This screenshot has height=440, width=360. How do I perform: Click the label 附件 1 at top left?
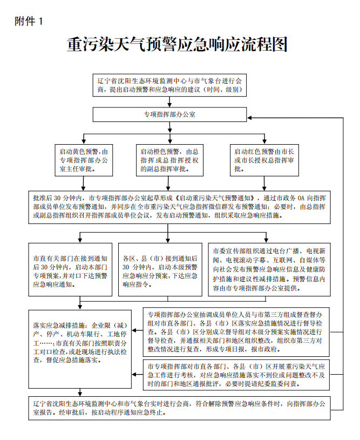[x=29, y=21]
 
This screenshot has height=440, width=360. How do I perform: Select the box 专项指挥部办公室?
[x=169, y=115]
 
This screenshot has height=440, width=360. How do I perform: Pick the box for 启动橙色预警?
[x=169, y=160]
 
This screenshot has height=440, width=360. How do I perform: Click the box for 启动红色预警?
[x=264, y=160]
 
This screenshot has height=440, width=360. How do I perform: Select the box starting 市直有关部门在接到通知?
[x=70, y=269]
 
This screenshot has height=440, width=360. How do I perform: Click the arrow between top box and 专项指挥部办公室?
[x=169, y=102]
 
